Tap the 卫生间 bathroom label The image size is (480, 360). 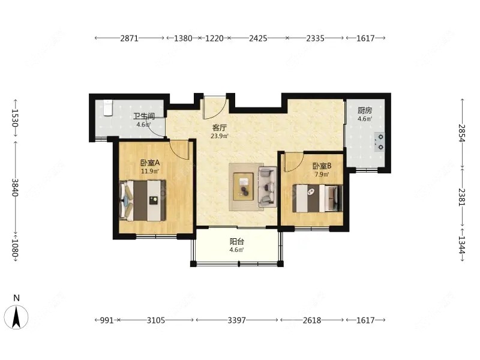point(143,116)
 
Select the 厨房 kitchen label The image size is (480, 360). point(365,110)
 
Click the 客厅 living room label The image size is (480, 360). point(220,127)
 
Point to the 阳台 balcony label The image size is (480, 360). point(236,242)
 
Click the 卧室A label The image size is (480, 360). point(150,163)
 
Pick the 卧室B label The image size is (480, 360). point(322,166)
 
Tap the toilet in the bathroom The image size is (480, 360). point(107,108)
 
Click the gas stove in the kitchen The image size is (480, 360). point(379,142)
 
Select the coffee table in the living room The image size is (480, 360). point(244,187)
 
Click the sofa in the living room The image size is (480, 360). point(268,187)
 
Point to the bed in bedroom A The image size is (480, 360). point(143,200)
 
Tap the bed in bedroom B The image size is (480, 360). point(317,199)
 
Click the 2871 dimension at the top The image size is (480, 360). point(130,38)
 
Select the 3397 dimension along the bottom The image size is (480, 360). point(236,320)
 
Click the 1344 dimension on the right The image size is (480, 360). point(462,245)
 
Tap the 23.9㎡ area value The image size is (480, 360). point(220,136)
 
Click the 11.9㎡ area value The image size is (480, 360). point(150,172)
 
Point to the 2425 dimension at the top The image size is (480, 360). point(258,38)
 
